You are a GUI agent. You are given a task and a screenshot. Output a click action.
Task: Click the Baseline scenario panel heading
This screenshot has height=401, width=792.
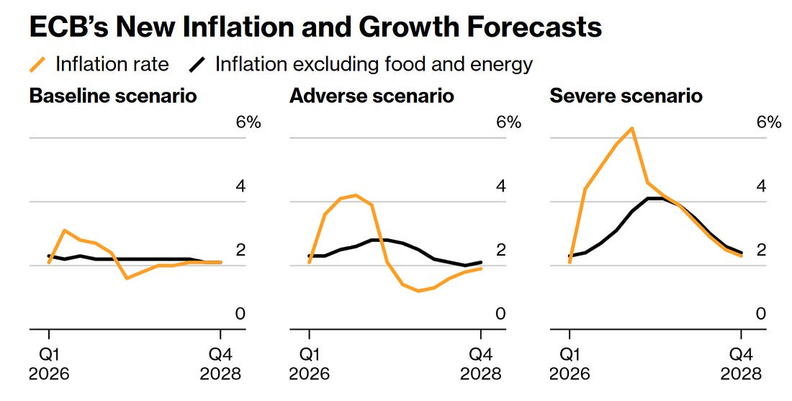coord(113,96)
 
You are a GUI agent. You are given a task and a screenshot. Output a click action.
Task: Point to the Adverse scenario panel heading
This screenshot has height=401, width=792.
coord(372,96)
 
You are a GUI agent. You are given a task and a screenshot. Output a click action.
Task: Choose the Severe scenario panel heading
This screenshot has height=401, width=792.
coord(626,96)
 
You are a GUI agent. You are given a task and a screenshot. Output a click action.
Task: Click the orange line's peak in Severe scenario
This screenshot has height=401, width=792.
coord(631,129)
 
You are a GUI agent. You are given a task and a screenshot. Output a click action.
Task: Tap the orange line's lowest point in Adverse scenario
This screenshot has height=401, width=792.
coord(418,291)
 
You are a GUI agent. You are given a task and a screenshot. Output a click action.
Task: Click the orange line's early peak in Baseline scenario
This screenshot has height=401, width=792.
coord(65,230)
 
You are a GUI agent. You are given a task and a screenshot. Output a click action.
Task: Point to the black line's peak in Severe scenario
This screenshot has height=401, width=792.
coord(654,198)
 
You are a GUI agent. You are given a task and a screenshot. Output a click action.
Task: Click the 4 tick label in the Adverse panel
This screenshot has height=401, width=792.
coord(501,186)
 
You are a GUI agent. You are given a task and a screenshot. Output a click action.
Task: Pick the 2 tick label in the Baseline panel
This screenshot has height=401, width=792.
coord(241,251)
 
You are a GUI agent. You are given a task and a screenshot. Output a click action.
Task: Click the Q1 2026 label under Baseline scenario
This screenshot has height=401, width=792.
coord(49,364)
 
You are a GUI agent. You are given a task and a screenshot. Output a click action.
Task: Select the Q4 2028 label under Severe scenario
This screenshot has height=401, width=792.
coord(742,364)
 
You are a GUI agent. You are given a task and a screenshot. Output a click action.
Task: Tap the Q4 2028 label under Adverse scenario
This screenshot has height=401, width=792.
coord(481,364)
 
